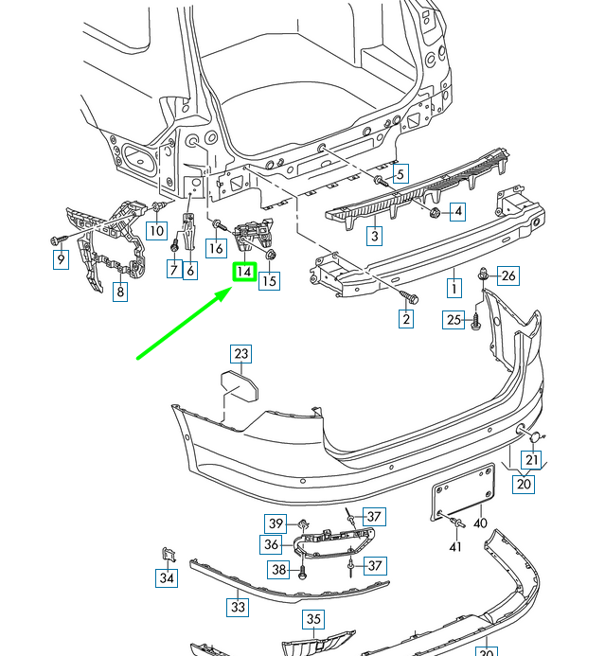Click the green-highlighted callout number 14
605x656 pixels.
click(x=244, y=272)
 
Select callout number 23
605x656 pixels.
click(x=241, y=355)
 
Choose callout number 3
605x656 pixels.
click(x=375, y=236)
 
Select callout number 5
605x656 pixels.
click(x=400, y=174)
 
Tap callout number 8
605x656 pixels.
click(x=120, y=293)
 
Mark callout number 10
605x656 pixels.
click(x=156, y=230)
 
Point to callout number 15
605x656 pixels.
click(x=270, y=280)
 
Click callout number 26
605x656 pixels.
click(x=508, y=276)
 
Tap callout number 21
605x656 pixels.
click(x=532, y=460)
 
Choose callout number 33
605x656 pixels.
click(x=238, y=607)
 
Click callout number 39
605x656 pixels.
click(x=276, y=523)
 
